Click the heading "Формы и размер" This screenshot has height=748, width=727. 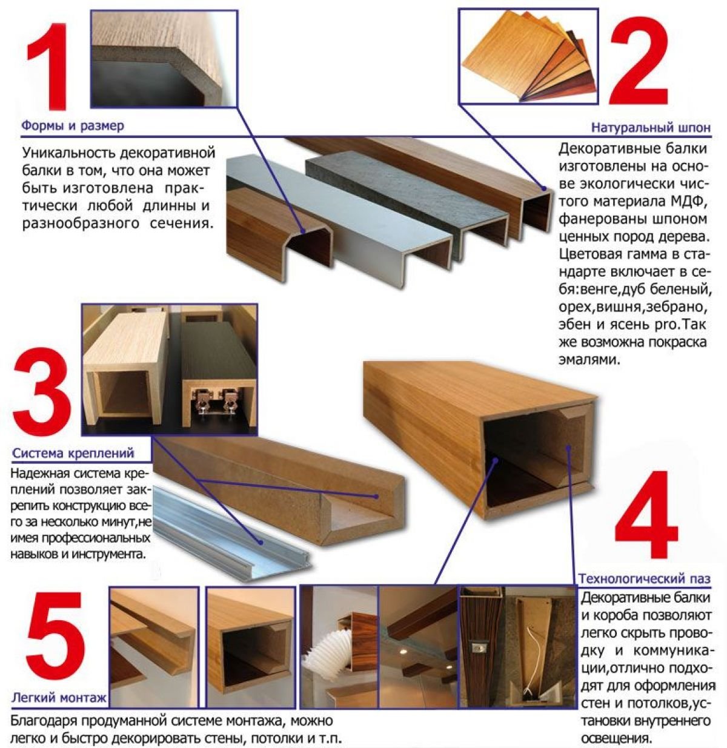coord(73,125)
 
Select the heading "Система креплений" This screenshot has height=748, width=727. coord(73,453)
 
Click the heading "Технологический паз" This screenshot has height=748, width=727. coord(645,578)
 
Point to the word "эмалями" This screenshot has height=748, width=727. coord(589,359)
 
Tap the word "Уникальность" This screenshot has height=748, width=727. coord(68,153)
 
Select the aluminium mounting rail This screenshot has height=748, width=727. coord(231,532)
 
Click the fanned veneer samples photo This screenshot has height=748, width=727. coord(529,56)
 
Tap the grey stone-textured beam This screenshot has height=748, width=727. coord(408,200)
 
